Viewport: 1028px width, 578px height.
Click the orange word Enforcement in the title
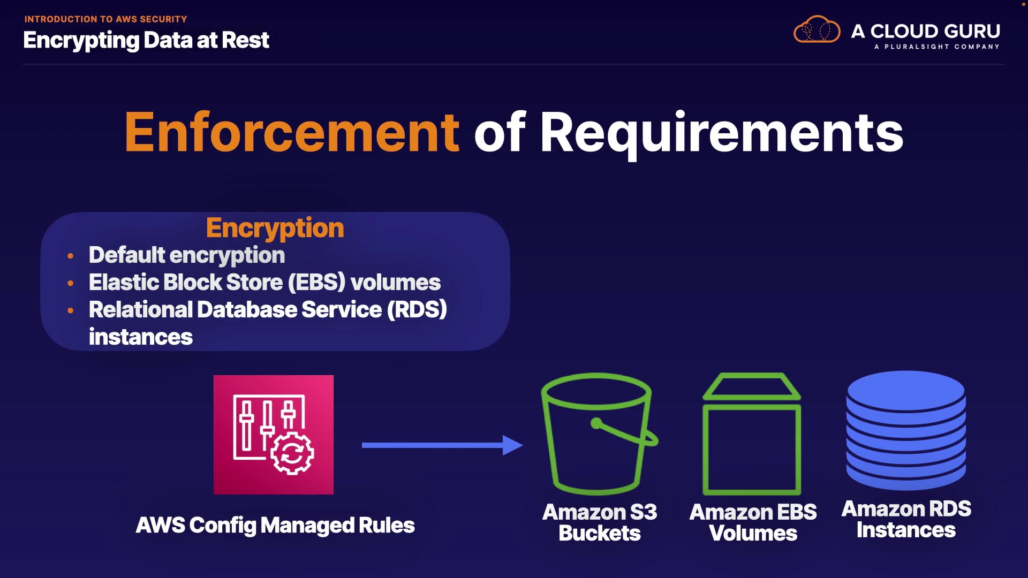(x=292, y=133)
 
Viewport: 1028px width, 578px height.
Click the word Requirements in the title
(x=721, y=133)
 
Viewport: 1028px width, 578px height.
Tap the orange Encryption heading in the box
(x=275, y=228)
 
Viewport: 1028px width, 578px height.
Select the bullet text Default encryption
(x=186, y=255)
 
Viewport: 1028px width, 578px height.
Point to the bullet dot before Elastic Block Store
(x=71, y=283)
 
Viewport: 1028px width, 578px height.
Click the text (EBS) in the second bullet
(x=316, y=283)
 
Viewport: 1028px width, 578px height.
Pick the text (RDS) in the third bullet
(x=417, y=310)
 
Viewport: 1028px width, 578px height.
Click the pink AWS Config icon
(x=273, y=435)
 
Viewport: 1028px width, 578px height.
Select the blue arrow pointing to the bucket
(x=442, y=445)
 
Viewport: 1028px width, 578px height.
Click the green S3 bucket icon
(x=598, y=433)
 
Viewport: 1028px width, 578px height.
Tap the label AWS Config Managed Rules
(x=275, y=526)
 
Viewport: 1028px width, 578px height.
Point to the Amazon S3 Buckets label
(x=600, y=522)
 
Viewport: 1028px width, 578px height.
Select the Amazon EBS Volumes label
(x=753, y=522)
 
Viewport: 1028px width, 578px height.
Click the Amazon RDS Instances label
(x=906, y=519)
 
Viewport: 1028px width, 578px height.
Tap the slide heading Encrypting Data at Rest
(x=146, y=41)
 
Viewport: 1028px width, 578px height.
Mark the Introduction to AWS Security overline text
(x=105, y=19)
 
